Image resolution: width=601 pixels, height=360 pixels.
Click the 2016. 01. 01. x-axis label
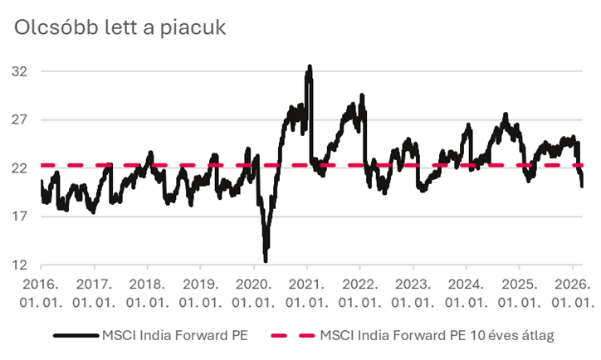point(41,292)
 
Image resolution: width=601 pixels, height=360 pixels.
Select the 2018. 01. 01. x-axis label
point(147,292)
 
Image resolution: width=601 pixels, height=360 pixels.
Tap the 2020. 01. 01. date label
point(253,292)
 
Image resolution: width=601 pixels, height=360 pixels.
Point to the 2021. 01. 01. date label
point(306,292)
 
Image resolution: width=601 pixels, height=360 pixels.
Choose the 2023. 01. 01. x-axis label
point(413,292)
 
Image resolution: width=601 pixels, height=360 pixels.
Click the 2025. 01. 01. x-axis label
point(519,292)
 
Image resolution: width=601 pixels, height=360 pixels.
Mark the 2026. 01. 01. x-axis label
point(572,292)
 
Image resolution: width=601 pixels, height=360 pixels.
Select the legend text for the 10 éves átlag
point(436,335)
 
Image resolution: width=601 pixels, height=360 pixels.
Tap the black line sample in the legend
point(76,335)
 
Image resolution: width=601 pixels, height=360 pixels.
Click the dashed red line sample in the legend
point(292,335)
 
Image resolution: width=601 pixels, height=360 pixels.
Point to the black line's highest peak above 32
point(310,66)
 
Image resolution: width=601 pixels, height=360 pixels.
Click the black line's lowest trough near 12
point(266,260)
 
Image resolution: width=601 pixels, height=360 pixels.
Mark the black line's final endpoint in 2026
point(581,186)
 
